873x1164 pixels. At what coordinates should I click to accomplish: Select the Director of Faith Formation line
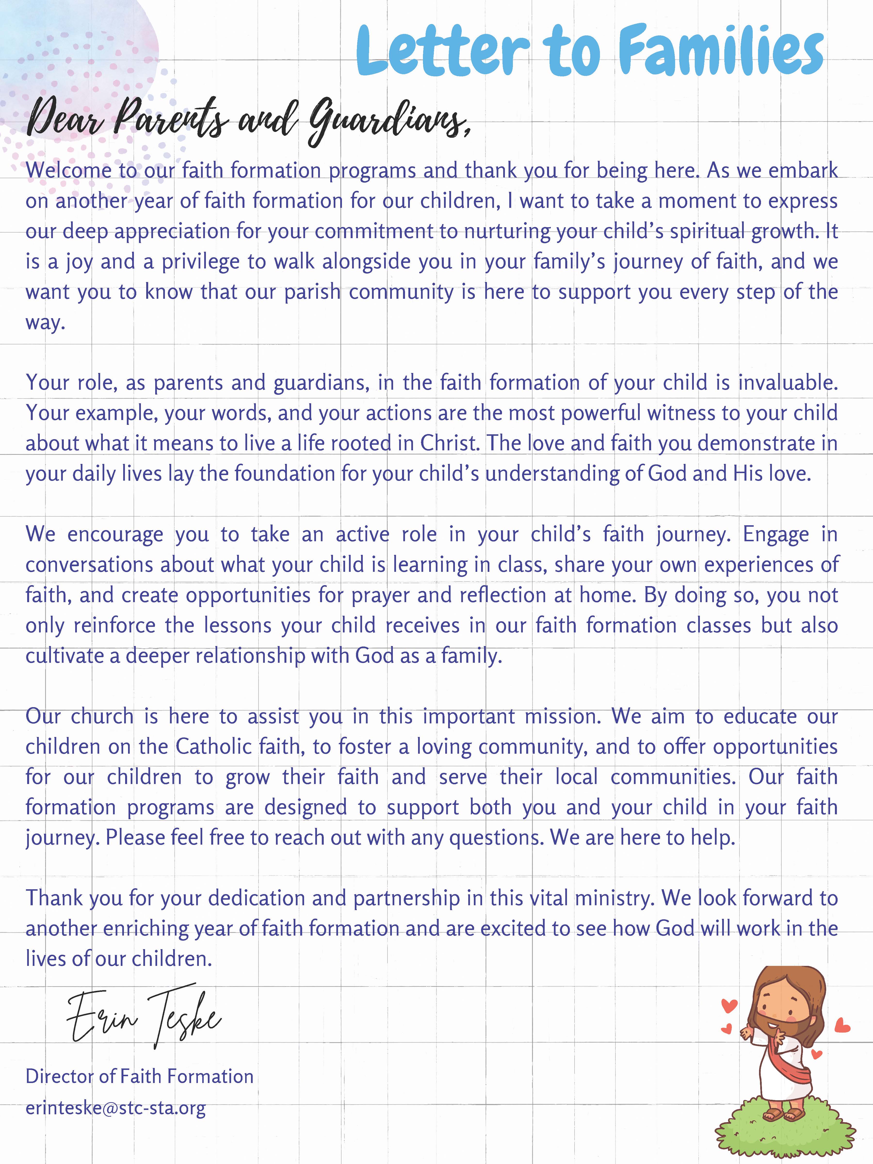tap(139, 1077)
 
